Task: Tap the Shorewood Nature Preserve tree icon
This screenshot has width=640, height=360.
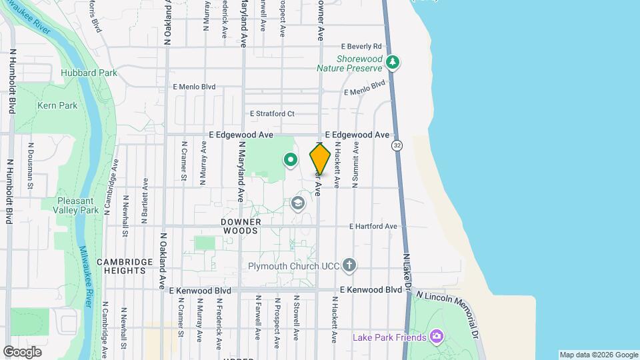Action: point(393,62)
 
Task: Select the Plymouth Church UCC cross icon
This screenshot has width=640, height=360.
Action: point(349,266)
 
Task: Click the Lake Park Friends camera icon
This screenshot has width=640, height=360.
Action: point(437,335)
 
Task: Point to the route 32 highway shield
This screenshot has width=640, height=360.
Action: point(397,145)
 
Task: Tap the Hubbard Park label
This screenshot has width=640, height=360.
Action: point(89,73)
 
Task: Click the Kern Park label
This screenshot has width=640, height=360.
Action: point(57,105)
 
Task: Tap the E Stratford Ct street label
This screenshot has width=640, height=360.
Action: point(272,113)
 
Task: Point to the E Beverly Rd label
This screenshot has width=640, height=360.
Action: point(361,47)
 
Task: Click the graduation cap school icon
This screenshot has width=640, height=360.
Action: point(298,203)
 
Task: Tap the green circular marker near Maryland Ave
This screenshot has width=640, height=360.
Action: point(291,159)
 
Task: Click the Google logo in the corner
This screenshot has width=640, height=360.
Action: point(22,351)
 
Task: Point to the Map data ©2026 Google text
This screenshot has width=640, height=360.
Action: point(598,355)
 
